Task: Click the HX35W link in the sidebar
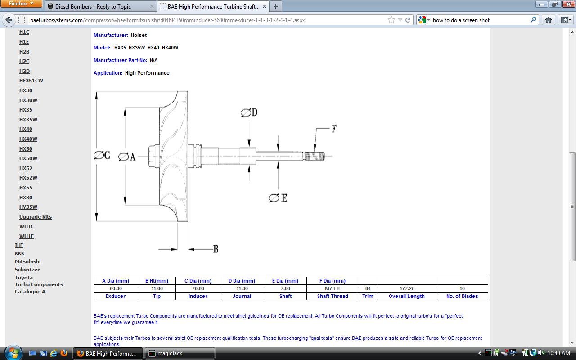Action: point(28,120)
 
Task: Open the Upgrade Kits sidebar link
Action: point(36,217)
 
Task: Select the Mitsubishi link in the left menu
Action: point(28,261)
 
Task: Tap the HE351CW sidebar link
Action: point(31,81)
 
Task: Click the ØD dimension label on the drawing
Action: point(249,112)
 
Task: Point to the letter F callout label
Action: point(334,128)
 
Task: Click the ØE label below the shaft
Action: point(278,198)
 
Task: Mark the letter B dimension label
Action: point(216,249)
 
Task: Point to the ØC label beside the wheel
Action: point(102,155)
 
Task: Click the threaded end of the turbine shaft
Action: point(314,156)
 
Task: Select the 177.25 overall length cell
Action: point(407,288)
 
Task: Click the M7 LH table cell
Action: point(332,288)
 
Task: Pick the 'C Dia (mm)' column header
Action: point(198,281)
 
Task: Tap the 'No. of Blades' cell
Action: point(462,296)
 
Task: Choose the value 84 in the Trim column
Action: point(368,288)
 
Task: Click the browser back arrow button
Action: point(9,20)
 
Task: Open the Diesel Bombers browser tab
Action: point(101,6)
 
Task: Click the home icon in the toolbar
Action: point(548,20)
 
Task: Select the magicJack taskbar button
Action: point(180,353)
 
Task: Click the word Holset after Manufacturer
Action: point(139,35)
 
